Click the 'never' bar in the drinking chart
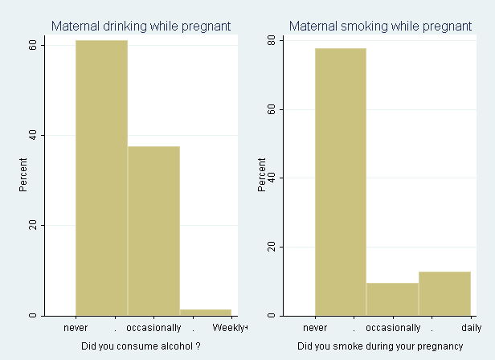pos(101,177)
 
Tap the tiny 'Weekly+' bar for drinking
pos(206,312)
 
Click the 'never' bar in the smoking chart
pos(340,182)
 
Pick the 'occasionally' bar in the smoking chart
pos(392,299)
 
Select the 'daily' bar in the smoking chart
pos(444,293)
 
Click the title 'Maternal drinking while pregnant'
pos(141,27)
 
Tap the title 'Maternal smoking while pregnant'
pos(380,27)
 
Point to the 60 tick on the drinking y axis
pos(33,45)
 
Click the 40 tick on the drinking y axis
pos(33,135)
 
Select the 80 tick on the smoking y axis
pos(272,40)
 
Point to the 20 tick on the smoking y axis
pos(272,247)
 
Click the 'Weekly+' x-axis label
pos(231,328)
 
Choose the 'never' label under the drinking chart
pos(76,328)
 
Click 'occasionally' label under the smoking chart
pos(393,328)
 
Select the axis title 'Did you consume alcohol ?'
pos(141,347)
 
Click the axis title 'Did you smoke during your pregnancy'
pos(380,347)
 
